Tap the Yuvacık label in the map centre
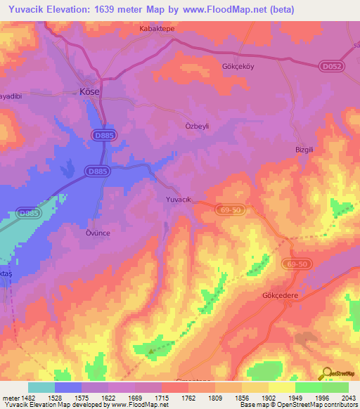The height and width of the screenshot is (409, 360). (x=179, y=200)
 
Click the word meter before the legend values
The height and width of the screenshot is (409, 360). (x=8, y=397)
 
